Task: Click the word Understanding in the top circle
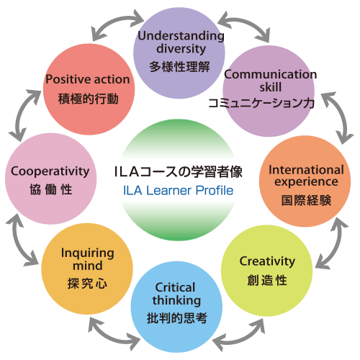[181, 37]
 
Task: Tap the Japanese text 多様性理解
[179, 66]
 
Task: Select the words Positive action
[88, 79]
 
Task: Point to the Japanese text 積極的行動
[89, 99]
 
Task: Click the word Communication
[271, 74]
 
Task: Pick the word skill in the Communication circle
[271, 87]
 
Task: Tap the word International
[306, 170]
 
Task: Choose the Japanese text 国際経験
[306, 200]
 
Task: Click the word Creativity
[267, 261]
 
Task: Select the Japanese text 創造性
[267, 280]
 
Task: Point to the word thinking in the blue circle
[176, 300]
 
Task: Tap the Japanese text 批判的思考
[177, 318]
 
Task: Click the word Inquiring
[88, 253]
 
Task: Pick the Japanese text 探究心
[87, 284]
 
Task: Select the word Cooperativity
[50, 171]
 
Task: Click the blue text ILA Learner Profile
[178, 191]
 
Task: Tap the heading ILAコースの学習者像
[179, 171]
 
